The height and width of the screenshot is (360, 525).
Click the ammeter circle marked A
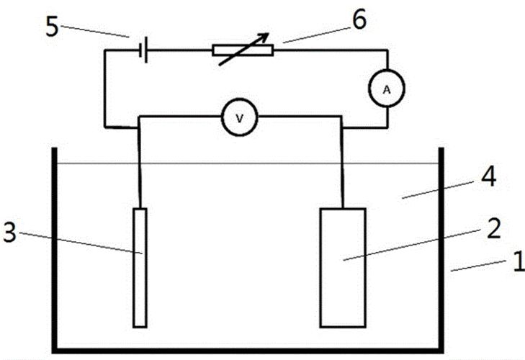tap(387, 89)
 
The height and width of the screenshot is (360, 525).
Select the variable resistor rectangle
tap(243, 50)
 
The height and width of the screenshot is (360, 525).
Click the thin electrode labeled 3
tap(140, 266)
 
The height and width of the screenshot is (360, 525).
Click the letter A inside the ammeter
tap(387, 89)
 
